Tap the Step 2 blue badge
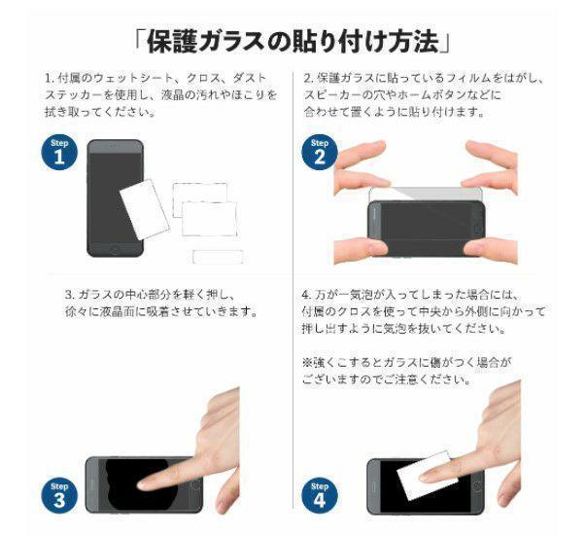click(319, 153)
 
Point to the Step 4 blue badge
click(319, 494)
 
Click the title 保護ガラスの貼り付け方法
click(293, 41)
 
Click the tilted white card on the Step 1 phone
click(143, 204)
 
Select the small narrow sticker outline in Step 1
click(215, 257)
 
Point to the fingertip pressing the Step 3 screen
click(146, 483)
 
